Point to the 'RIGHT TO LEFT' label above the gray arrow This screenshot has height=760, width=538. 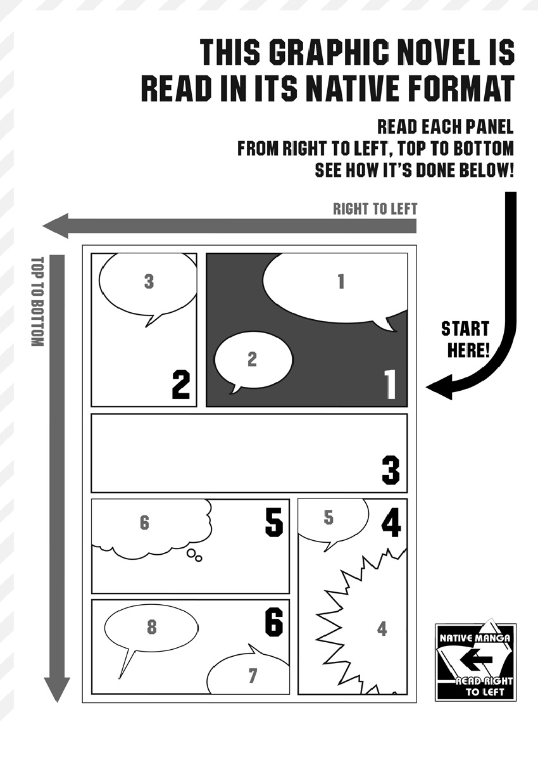[375, 209]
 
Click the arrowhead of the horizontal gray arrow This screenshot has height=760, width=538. [56, 226]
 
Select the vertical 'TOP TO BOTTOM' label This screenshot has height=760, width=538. [37, 301]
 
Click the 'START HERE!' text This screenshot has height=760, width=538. [465, 339]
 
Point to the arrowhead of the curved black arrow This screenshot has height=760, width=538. [439, 387]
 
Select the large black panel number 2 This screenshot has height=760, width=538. [180, 384]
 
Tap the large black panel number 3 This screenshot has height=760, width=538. [391, 470]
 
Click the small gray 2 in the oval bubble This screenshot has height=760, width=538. [252, 359]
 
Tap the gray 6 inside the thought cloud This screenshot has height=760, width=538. [144, 523]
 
